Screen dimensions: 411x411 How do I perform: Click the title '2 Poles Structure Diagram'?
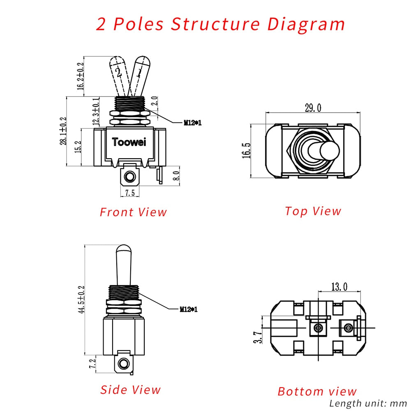tap(221, 24)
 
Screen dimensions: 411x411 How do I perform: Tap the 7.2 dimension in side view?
tap(92, 363)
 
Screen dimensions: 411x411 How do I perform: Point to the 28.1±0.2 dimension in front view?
tap(63, 131)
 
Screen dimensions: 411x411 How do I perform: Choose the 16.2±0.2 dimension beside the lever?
tap(81, 76)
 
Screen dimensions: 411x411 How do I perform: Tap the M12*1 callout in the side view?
tap(188, 309)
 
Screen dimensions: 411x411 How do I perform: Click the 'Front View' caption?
tap(134, 212)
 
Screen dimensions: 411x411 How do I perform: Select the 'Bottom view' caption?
tap(317, 391)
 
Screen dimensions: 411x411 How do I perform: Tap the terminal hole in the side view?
tap(122, 363)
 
